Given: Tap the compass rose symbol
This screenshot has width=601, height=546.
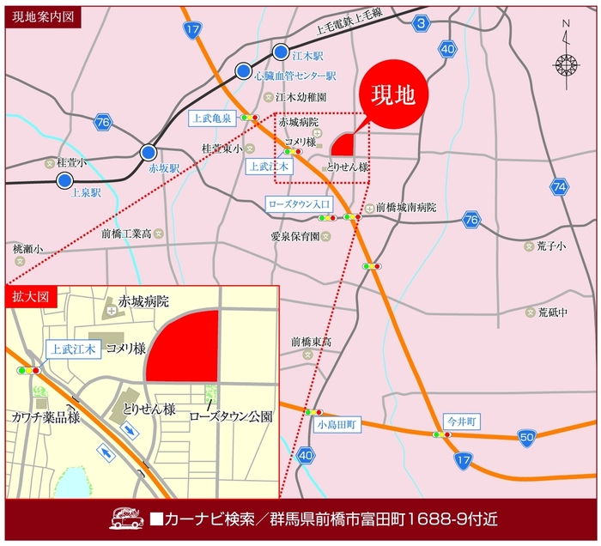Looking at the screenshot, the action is [565, 64].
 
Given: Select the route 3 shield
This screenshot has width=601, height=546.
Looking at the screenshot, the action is [420, 23].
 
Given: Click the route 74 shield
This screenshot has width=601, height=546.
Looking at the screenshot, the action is [560, 186].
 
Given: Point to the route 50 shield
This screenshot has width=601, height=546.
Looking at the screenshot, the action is [526, 439].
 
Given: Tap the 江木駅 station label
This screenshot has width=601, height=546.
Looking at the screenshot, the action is [307, 55].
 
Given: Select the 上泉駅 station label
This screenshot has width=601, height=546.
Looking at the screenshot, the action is [86, 192].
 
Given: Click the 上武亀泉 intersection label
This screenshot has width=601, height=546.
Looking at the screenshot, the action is [211, 118].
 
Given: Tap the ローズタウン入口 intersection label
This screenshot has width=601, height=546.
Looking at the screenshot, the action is [298, 203].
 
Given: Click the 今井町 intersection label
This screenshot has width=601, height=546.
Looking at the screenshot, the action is [460, 421].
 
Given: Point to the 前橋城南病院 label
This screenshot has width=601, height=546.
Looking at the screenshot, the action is [406, 208].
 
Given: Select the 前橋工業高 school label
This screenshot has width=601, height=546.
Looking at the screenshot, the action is [126, 233].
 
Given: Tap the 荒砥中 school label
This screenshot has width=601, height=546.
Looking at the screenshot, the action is [552, 312].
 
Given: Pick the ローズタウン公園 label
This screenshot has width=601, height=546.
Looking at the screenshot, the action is [231, 416].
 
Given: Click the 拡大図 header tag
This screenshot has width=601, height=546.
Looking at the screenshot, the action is [31, 296].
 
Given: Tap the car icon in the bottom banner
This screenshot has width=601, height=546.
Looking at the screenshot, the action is [127, 519].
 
